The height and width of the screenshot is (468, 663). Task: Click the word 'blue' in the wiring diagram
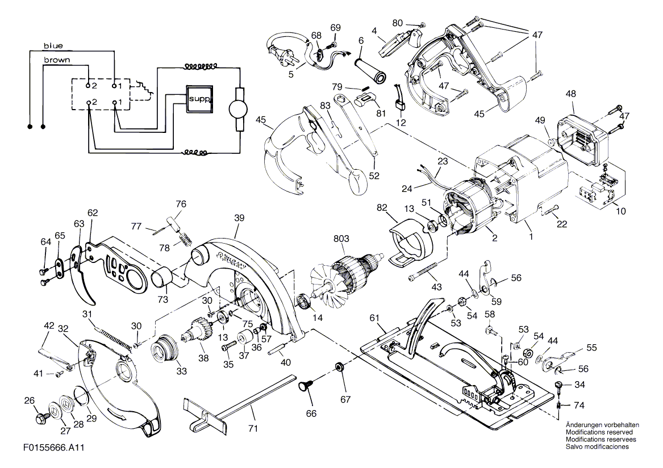tap(53, 45)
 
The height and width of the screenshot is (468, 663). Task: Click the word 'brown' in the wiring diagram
tap(57, 60)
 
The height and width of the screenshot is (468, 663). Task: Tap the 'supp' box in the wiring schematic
tap(199, 99)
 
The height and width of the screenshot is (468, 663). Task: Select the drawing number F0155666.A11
tap(54, 448)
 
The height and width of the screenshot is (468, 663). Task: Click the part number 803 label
tap(341, 239)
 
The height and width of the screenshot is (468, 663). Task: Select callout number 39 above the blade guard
tap(239, 218)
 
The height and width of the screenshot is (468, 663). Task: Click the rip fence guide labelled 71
tap(240, 403)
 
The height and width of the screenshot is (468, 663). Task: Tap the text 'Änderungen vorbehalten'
tap(603, 425)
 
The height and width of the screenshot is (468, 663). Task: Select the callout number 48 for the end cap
tap(571, 94)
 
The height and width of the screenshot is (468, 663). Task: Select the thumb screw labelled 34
tap(559, 386)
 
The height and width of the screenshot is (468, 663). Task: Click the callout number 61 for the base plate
tap(374, 317)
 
